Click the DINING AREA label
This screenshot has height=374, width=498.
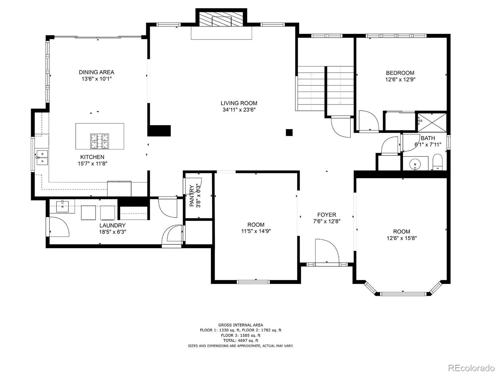(96, 72)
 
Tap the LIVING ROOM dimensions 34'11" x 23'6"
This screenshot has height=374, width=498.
(239, 110)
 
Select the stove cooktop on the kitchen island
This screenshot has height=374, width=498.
(100, 141)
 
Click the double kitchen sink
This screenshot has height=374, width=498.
(42, 157)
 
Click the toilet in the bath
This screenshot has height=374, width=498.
(437, 162)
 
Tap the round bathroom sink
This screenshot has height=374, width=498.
(415, 164)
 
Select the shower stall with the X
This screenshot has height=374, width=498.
(432, 122)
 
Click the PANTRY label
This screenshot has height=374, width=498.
(192, 196)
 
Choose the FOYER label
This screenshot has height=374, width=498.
(327, 215)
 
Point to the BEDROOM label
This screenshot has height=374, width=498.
(400, 73)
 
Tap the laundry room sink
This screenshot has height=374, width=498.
(62, 206)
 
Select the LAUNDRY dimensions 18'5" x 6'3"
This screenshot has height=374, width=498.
(113, 232)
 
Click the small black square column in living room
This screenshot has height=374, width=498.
(289, 132)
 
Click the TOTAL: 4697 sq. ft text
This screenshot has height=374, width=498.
(241, 340)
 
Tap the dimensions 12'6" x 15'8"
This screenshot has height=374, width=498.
(402, 238)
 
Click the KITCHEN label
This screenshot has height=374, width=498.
(92, 157)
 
